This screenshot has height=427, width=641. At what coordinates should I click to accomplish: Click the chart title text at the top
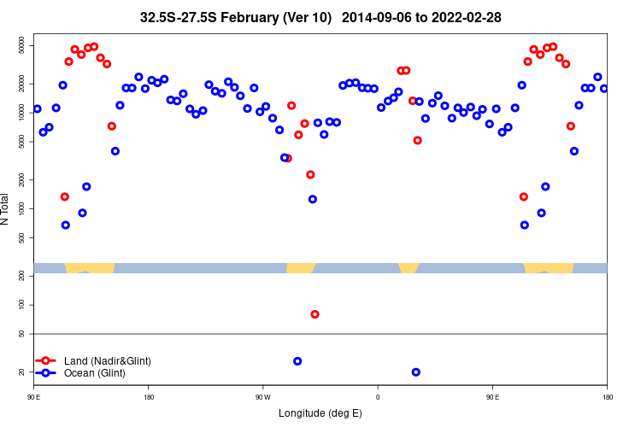coord(320,17)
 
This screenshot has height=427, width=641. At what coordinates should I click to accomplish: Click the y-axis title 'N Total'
coord(8,209)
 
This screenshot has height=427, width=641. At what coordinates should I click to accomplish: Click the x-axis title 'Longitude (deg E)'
coord(320,413)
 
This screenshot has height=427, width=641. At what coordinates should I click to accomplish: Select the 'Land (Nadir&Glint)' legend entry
coord(107,361)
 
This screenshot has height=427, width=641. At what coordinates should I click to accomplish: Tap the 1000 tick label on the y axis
coord(21,208)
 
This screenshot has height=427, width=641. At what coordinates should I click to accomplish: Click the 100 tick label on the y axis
coord(23,305)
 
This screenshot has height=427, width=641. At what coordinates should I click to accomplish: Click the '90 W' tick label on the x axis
coord(262,397)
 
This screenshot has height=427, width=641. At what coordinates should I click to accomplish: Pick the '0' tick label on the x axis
coord(378,397)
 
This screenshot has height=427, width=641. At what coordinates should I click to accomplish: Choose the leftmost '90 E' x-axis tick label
coord(34,397)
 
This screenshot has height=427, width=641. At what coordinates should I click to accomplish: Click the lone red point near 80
coord(315,314)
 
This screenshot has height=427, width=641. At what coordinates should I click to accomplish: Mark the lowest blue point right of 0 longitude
coord(416,372)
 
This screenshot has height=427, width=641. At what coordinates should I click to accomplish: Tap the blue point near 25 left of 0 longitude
coord(297,361)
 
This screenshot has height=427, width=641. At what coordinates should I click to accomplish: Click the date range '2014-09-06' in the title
coord(390,17)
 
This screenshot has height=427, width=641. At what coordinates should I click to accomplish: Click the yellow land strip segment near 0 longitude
coord(409,267)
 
